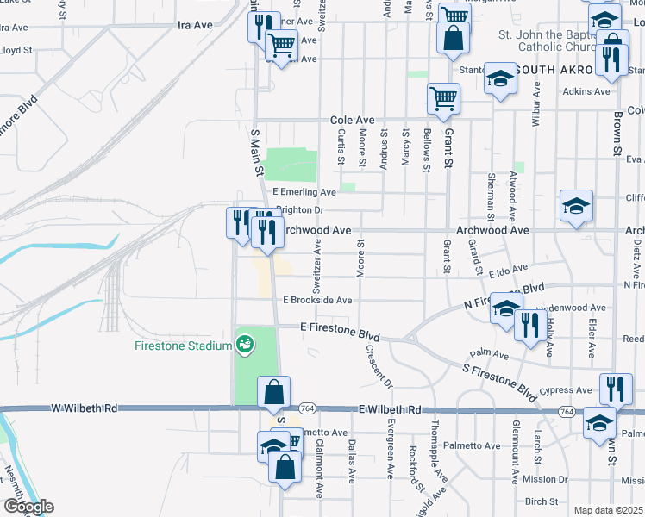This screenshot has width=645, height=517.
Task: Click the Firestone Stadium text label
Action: [x=184, y=346]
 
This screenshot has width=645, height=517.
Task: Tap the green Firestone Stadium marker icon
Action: [x=246, y=344]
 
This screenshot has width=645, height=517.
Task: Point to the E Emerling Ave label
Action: [x=304, y=192]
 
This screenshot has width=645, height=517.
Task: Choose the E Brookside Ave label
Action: [x=317, y=300]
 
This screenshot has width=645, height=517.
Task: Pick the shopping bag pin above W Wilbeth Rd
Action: [x=273, y=392]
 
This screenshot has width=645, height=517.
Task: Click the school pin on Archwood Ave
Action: [x=576, y=207]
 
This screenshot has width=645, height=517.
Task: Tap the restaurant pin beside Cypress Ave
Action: [x=614, y=389]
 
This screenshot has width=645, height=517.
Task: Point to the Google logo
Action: [x=28, y=507]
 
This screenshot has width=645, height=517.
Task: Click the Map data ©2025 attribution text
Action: [x=608, y=510]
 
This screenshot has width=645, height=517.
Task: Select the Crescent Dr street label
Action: [x=379, y=367]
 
